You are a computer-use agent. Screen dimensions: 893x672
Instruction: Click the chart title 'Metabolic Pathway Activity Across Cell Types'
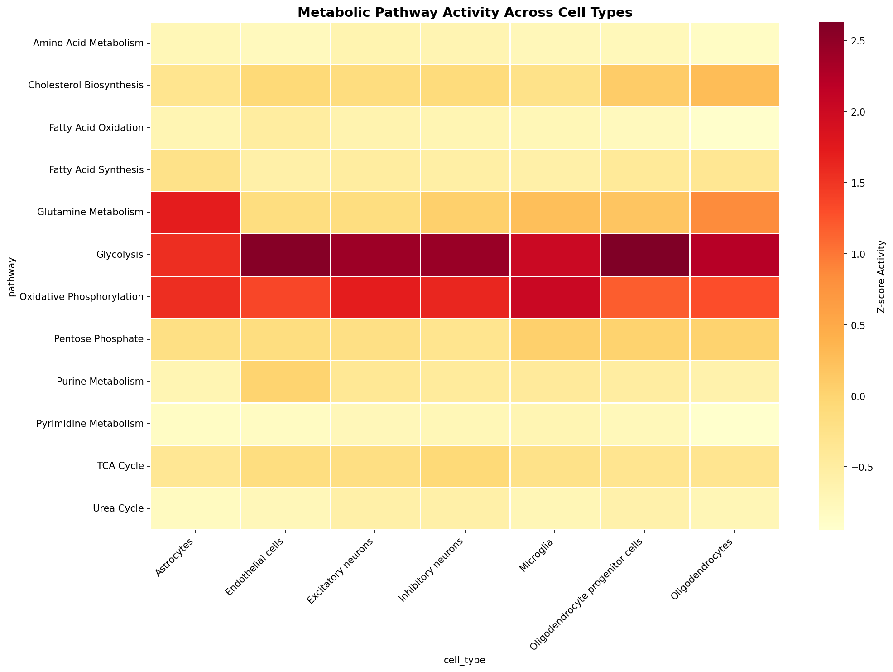point(465,13)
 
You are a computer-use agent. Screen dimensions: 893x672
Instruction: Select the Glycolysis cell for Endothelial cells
point(285,255)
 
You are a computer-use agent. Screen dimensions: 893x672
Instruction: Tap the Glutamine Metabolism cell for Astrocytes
point(196,213)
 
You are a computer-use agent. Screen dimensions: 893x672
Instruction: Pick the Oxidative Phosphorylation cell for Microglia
point(555,297)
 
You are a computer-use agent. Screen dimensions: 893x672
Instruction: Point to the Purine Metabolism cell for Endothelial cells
point(285,382)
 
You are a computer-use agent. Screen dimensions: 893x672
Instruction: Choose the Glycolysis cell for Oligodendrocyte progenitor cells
point(645,255)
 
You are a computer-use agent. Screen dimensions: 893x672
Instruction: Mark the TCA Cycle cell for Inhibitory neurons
point(465,466)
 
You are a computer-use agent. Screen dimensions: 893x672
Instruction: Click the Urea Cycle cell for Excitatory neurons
point(375,508)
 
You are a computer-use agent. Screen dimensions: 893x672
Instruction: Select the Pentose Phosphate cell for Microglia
point(555,339)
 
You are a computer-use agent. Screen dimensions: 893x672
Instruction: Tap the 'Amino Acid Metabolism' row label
point(89,44)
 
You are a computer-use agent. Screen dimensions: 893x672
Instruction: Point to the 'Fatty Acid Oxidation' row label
point(96,128)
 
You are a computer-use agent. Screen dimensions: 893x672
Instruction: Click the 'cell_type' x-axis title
point(465,661)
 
